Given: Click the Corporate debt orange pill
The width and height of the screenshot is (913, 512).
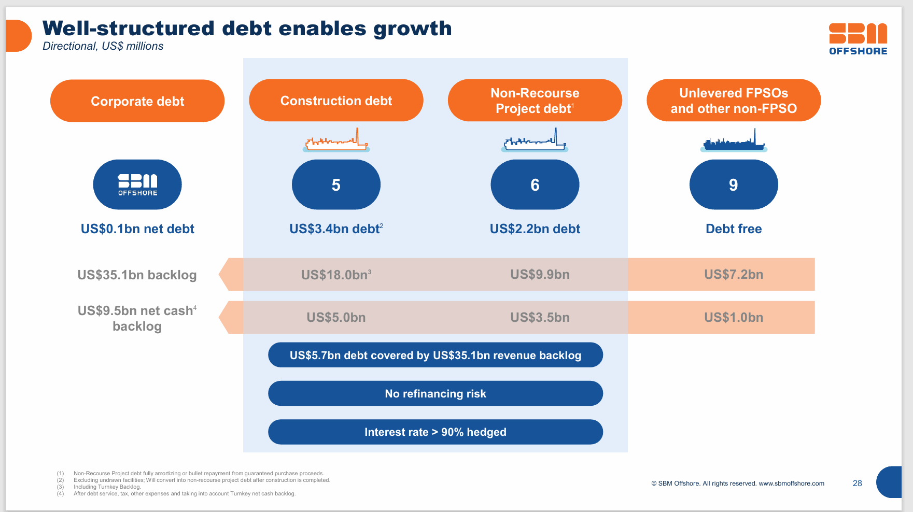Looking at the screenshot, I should [137, 101].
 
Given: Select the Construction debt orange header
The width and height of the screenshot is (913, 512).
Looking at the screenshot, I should [336, 101].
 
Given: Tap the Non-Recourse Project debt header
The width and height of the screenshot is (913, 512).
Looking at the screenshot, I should [535, 101].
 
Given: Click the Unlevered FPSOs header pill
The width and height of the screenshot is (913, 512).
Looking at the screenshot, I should [733, 101].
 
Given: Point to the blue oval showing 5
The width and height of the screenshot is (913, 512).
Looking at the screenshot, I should [336, 184].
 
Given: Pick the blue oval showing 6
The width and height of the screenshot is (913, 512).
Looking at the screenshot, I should [535, 184].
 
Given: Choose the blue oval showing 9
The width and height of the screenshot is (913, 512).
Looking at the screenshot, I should [733, 184].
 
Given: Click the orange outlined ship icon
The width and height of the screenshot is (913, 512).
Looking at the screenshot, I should [336, 141].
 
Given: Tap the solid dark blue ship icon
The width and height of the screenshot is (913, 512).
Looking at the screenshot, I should [733, 141].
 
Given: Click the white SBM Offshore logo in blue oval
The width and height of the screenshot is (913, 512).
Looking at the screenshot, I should [137, 184].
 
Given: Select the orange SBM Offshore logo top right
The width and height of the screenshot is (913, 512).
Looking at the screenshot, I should [858, 39].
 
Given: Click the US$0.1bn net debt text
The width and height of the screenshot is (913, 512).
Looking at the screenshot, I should [137, 229].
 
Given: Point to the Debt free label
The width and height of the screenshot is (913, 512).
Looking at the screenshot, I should [733, 229].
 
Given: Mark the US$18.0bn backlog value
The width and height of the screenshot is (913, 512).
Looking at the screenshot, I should [335, 275].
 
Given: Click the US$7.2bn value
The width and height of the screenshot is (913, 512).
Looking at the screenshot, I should [733, 275].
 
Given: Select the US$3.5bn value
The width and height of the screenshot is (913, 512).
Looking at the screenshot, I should [540, 318].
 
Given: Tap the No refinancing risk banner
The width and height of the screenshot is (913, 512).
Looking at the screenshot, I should [435, 394].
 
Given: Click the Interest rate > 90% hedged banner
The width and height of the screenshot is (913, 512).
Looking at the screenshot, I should [435, 432].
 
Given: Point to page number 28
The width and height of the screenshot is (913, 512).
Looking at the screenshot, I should [857, 483].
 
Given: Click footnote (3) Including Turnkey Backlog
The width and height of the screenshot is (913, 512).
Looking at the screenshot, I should [107, 487].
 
